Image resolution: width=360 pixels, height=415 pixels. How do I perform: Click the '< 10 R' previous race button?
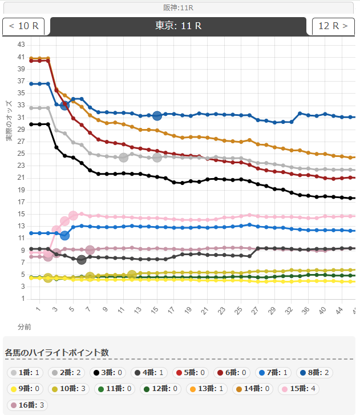(23, 26)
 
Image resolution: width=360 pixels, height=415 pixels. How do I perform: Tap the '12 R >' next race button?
(333, 26)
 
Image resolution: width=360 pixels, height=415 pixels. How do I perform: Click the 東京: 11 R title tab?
(179, 26)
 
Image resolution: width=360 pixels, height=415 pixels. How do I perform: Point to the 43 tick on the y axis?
(21, 45)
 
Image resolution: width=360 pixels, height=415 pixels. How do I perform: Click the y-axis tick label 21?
(21, 178)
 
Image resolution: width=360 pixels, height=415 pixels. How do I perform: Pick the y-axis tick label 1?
(23, 299)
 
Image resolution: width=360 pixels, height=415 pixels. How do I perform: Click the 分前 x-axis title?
(24, 327)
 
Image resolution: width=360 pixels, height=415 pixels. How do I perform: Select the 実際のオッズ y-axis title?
(10, 120)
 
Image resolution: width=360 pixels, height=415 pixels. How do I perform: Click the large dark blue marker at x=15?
(157, 115)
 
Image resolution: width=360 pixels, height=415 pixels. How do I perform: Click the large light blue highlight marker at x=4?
(64, 235)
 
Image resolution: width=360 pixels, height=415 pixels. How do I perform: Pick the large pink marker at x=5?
(73, 216)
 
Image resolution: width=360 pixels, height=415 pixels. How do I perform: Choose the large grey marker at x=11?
(123, 157)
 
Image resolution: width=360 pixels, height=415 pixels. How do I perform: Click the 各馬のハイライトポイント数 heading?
(56, 352)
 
